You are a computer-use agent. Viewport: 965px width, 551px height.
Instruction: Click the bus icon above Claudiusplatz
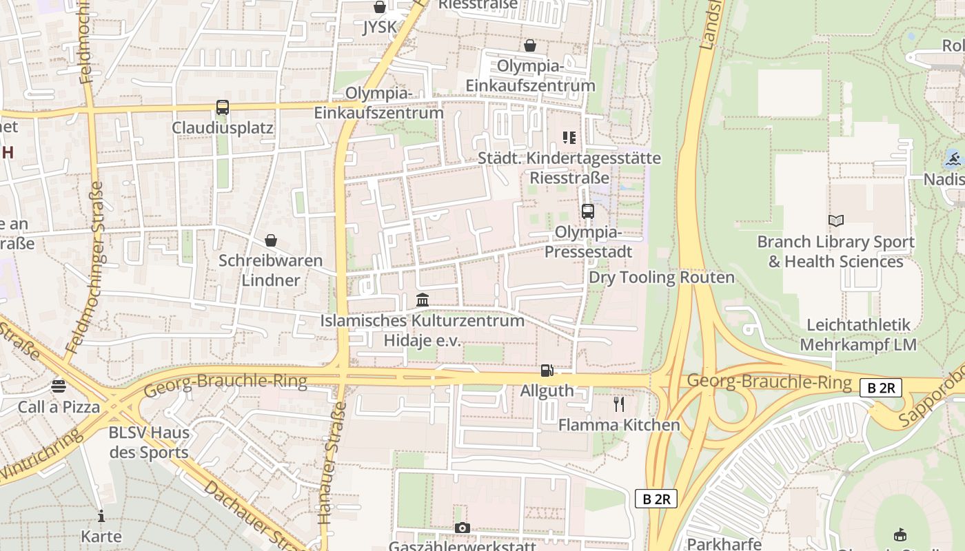[x=222, y=107]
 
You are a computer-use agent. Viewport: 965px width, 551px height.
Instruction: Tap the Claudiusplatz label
[x=223, y=128]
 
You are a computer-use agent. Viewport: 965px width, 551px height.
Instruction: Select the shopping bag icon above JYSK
[x=379, y=7]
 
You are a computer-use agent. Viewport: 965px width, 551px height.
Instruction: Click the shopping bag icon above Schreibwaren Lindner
[x=271, y=240]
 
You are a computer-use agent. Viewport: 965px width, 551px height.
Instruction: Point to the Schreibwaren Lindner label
[x=270, y=271]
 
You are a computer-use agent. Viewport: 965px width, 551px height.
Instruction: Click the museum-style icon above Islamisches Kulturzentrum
[x=423, y=300]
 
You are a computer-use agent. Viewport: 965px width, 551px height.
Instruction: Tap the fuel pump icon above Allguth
[x=547, y=371]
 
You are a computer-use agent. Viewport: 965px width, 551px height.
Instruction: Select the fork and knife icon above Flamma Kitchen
[x=619, y=404]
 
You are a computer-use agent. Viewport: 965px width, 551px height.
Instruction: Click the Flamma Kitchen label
[x=619, y=425]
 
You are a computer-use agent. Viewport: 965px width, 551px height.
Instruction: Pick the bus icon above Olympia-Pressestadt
[x=588, y=211]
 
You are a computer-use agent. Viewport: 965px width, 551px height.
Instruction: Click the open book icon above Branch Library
[x=836, y=221]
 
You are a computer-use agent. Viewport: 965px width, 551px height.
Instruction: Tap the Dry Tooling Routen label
[x=662, y=278]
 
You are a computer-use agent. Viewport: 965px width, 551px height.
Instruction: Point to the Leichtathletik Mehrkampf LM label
[x=858, y=335]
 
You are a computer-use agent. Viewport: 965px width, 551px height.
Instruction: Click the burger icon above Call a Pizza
[x=59, y=386]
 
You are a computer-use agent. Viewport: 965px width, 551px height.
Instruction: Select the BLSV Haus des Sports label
[x=149, y=443]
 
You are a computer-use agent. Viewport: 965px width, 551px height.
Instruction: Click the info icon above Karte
[x=101, y=516]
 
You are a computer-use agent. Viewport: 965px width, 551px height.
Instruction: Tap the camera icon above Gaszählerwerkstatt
[x=463, y=528]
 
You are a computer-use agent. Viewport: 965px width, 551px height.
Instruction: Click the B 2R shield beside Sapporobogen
[x=881, y=388]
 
